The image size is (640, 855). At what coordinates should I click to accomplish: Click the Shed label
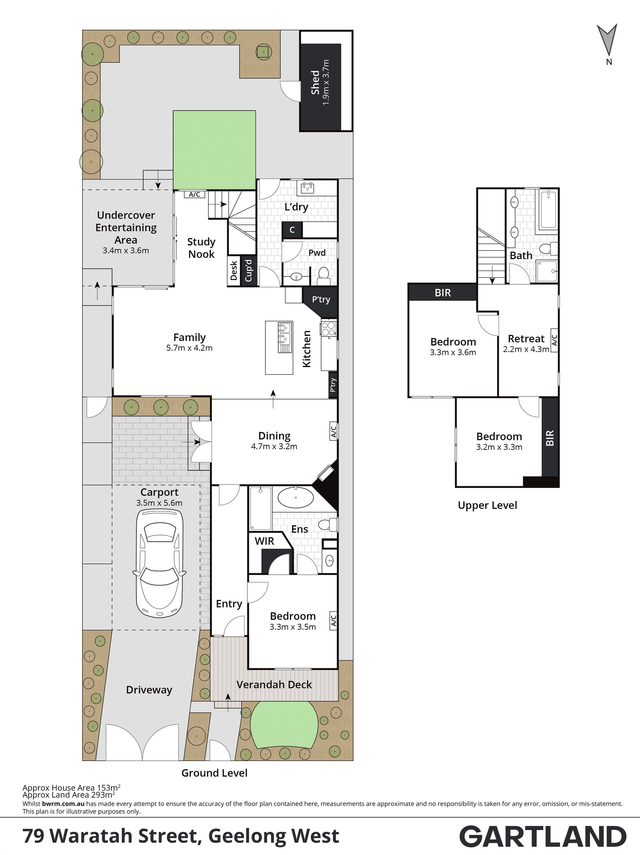[315, 82]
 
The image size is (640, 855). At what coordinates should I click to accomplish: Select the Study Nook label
[201, 248]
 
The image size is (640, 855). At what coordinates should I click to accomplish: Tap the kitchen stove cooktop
[329, 328]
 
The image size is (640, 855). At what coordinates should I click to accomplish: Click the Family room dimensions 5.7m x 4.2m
[189, 348]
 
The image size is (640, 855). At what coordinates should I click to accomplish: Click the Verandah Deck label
[274, 685]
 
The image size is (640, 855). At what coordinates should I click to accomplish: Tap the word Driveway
[149, 690]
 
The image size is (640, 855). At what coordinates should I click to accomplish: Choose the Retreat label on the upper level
[526, 338]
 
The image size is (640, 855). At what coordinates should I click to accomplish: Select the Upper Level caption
[487, 505]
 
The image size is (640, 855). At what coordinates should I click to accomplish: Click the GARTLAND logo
[543, 836]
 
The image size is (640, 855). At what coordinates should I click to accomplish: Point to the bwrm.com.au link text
[63, 803]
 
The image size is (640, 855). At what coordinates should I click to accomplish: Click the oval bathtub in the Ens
[296, 498]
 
